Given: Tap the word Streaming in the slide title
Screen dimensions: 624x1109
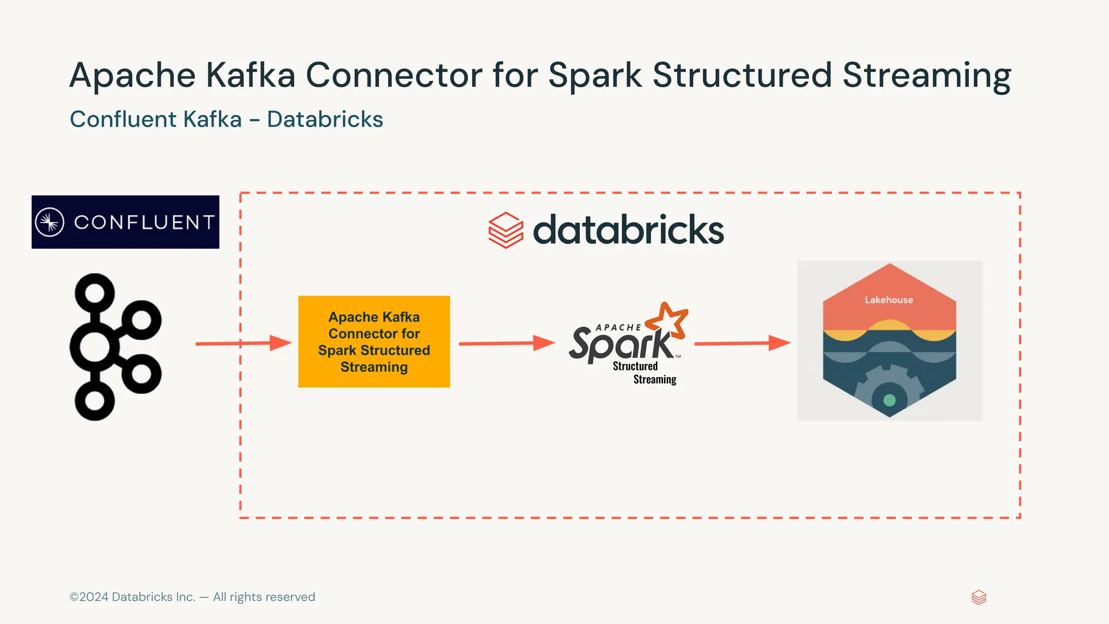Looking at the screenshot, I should click(x=927, y=76).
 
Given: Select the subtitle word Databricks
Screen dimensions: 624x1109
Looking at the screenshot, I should click(x=325, y=119).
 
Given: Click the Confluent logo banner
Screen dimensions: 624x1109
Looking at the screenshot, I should click(x=125, y=222).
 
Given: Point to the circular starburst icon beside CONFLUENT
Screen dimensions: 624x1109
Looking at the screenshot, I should click(x=50, y=222).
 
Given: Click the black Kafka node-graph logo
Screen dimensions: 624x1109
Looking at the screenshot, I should click(x=115, y=347).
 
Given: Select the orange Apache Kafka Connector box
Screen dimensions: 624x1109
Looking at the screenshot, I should click(x=374, y=341).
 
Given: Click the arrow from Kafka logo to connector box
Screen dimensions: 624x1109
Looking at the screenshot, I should click(x=244, y=343).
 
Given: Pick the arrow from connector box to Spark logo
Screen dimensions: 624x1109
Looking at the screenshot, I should click(x=507, y=343).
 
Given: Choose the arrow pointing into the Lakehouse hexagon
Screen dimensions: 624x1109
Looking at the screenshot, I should click(x=742, y=343).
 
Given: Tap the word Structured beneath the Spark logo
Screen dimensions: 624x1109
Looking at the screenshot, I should click(x=635, y=366).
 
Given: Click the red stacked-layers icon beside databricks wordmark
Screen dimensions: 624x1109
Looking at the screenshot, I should click(x=506, y=230).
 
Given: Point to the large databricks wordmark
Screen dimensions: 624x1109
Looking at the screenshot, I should click(x=628, y=230).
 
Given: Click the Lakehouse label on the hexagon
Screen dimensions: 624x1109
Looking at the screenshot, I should click(x=889, y=300).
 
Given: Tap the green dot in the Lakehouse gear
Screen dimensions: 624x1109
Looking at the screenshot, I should click(x=889, y=400).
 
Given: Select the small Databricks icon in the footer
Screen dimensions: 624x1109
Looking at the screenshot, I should click(x=978, y=597).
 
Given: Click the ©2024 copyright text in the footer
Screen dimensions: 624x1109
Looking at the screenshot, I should click(x=192, y=597).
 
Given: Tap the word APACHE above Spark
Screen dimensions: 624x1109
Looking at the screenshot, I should click(x=618, y=328).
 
